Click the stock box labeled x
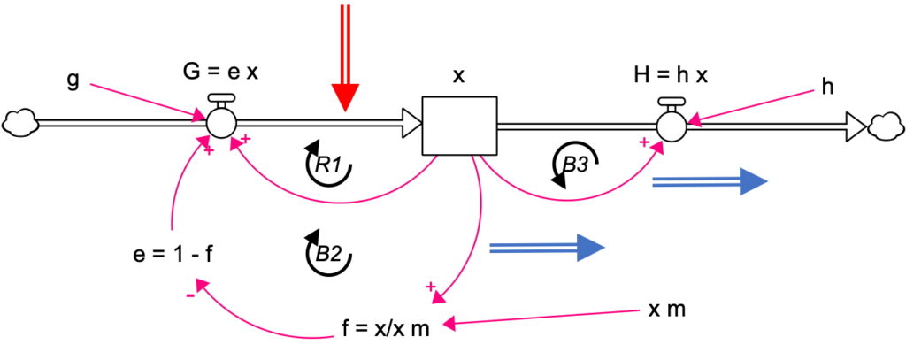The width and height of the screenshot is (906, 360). (x=459, y=126)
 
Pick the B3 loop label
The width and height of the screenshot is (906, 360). (x=575, y=164)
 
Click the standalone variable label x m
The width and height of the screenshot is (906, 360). (x=668, y=310)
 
